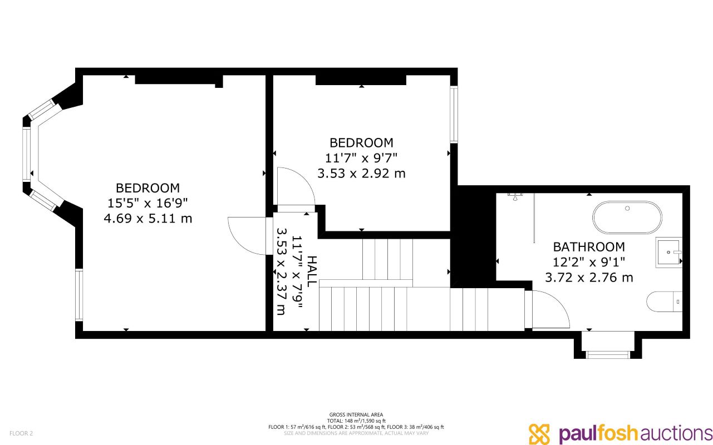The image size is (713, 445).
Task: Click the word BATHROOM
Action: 589,247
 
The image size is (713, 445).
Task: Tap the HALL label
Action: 312,271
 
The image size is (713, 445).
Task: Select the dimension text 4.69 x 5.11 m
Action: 148,219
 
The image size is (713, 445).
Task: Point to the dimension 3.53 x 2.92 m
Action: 362,174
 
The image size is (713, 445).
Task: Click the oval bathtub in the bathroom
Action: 627,217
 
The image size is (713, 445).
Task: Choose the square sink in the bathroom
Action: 668,252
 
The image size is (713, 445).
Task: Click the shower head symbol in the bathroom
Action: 515,196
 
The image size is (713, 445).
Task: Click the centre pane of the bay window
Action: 26,154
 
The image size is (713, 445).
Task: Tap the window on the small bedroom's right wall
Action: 454,115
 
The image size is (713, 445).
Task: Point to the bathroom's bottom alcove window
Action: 608,355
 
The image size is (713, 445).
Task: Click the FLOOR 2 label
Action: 21,433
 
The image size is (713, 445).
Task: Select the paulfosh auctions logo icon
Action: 539,434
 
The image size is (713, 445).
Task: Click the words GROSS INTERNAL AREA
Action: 356,414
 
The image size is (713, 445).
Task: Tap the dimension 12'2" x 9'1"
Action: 589,262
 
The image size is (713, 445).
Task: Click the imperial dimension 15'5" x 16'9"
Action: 148,203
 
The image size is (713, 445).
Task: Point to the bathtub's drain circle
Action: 627,209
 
